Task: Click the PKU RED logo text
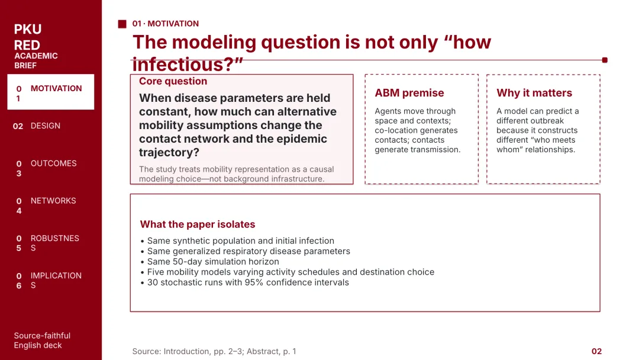pos(27,37)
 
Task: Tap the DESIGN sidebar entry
pos(45,126)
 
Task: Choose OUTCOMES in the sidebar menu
pos(53,163)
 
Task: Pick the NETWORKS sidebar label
pos(53,201)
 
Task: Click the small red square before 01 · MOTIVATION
pos(122,24)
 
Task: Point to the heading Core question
pos(173,81)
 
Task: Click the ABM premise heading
pos(409,93)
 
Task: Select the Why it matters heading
pos(534,93)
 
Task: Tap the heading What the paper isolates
pos(197,224)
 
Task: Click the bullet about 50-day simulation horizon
pos(210,262)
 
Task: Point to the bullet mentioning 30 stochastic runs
pos(244,282)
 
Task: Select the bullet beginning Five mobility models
pos(288,272)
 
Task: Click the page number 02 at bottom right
pos(596,352)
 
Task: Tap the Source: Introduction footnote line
pos(214,352)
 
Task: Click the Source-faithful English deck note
pos(42,340)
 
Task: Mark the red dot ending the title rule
pos(605,60)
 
